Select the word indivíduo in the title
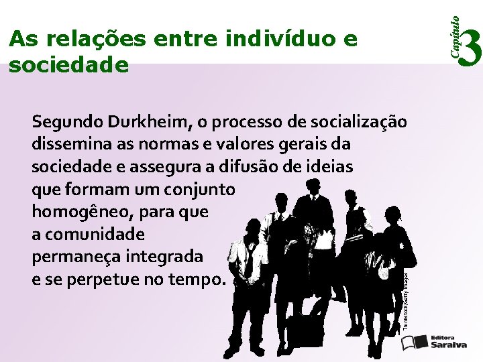pos(280,40)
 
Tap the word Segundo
pos(65,122)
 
